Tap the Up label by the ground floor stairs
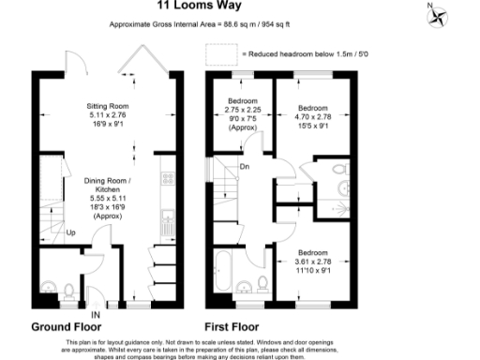(x=71, y=232)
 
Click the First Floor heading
(x=232, y=327)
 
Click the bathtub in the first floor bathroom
(x=225, y=267)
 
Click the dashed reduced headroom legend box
(x=224, y=55)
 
